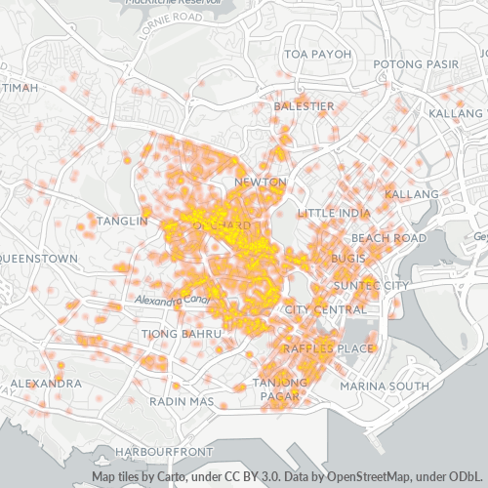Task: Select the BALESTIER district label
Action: [x=304, y=105]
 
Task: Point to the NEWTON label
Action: [x=261, y=183]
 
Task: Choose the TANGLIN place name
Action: [x=122, y=222]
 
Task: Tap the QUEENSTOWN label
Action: [x=37, y=259]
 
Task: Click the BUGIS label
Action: [x=347, y=258]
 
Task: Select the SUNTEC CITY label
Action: [x=371, y=285]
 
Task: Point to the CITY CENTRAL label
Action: [x=321, y=309]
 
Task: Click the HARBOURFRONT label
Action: [x=163, y=453]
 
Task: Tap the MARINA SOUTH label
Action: [x=385, y=386]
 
